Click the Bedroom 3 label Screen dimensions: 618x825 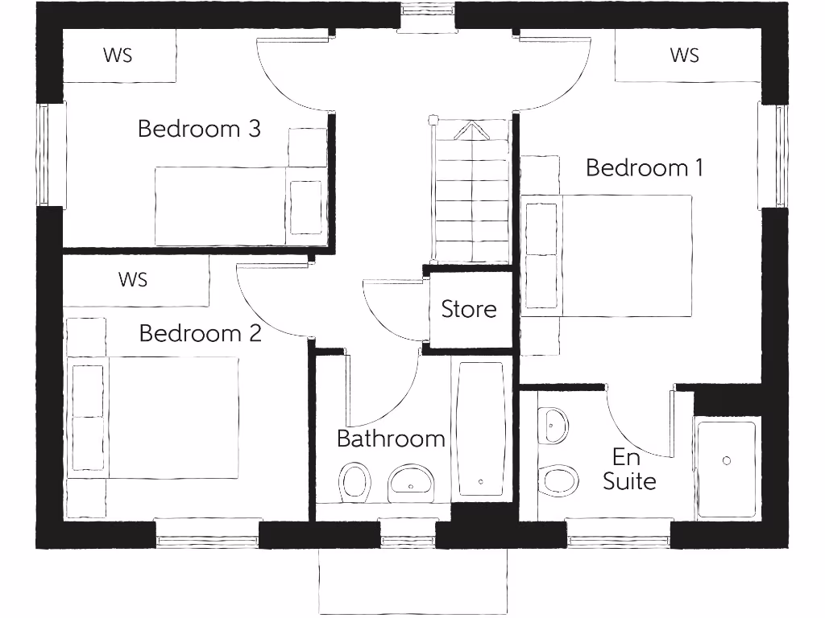tap(199, 129)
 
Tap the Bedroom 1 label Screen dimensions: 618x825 tap(644, 167)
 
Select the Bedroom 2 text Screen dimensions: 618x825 tap(201, 333)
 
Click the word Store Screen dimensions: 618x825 tap(469, 309)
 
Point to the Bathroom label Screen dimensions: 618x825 tap(391, 439)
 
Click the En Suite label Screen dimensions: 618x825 tap(628, 469)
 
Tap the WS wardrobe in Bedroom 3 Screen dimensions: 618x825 tap(118, 56)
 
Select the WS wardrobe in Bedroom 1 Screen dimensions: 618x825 tap(684, 56)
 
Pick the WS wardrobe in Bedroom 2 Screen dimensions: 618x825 tap(134, 280)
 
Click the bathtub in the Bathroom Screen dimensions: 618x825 tap(481, 428)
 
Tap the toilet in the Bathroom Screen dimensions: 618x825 tap(354, 481)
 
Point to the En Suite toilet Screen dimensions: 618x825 tap(558, 480)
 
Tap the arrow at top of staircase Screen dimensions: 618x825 tap(472, 130)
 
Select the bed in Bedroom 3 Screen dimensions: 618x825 tap(239, 205)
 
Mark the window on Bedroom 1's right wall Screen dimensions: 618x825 tap(779, 154)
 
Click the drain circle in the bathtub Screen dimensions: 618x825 tap(481, 481)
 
